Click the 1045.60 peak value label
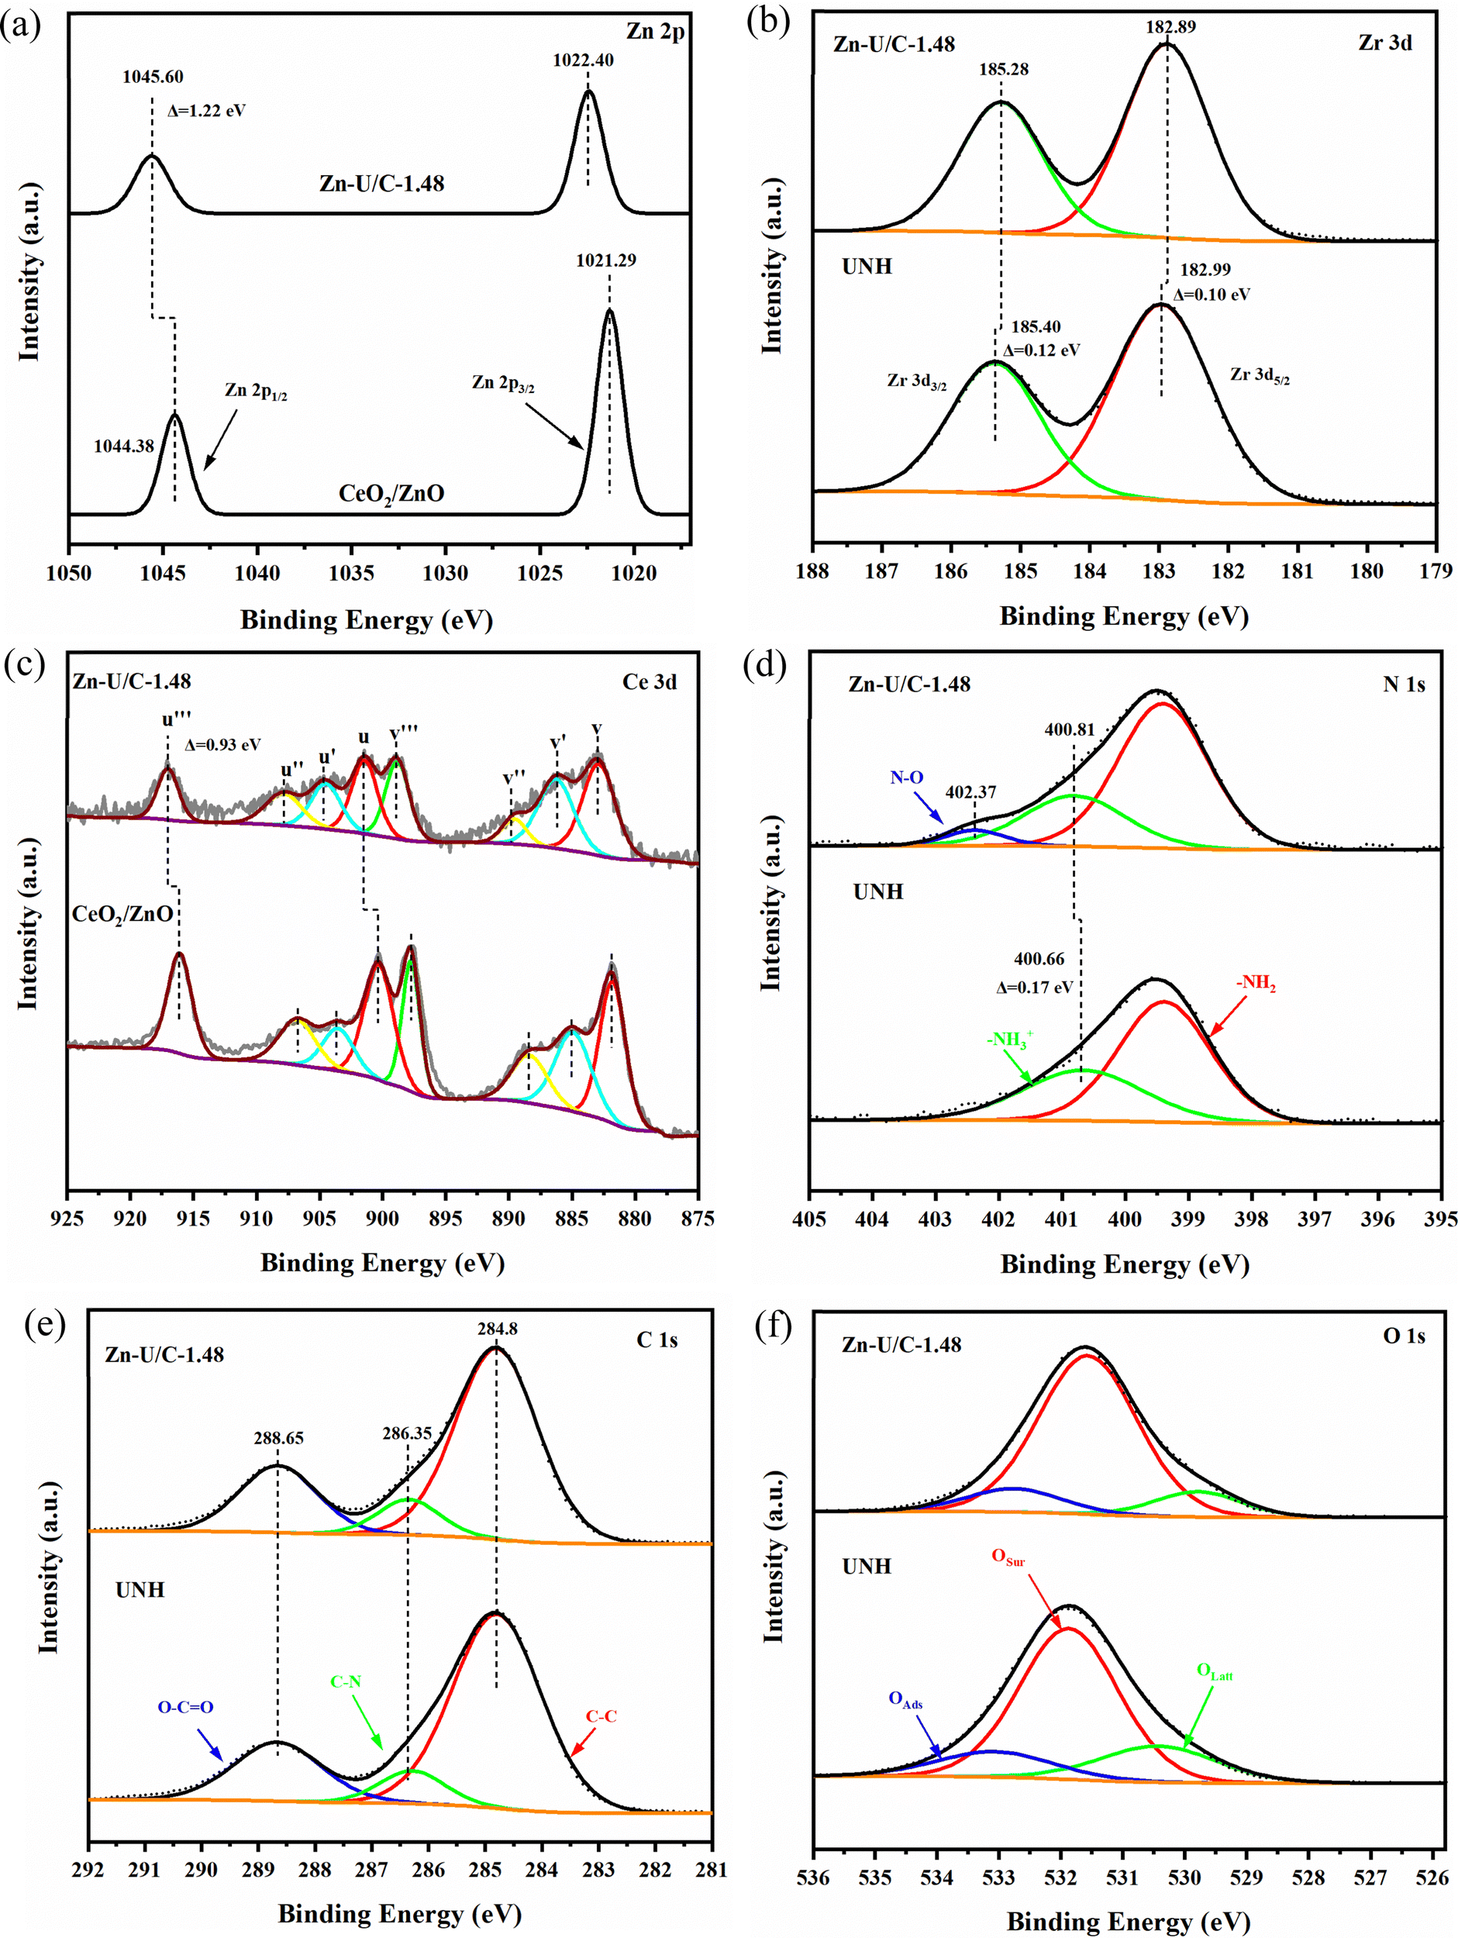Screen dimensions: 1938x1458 [x=153, y=77]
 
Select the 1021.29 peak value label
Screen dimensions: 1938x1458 [x=605, y=260]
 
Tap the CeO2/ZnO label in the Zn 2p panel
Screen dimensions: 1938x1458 [x=391, y=494]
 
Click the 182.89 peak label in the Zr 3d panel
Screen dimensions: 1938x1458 [x=1170, y=26]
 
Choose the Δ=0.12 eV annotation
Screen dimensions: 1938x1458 [x=1041, y=350]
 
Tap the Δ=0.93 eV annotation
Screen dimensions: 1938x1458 [x=222, y=746]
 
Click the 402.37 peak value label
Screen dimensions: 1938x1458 [x=970, y=792]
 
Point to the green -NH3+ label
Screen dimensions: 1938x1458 [x=1009, y=1040]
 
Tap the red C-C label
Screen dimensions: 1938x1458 [x=600, y=1716]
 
